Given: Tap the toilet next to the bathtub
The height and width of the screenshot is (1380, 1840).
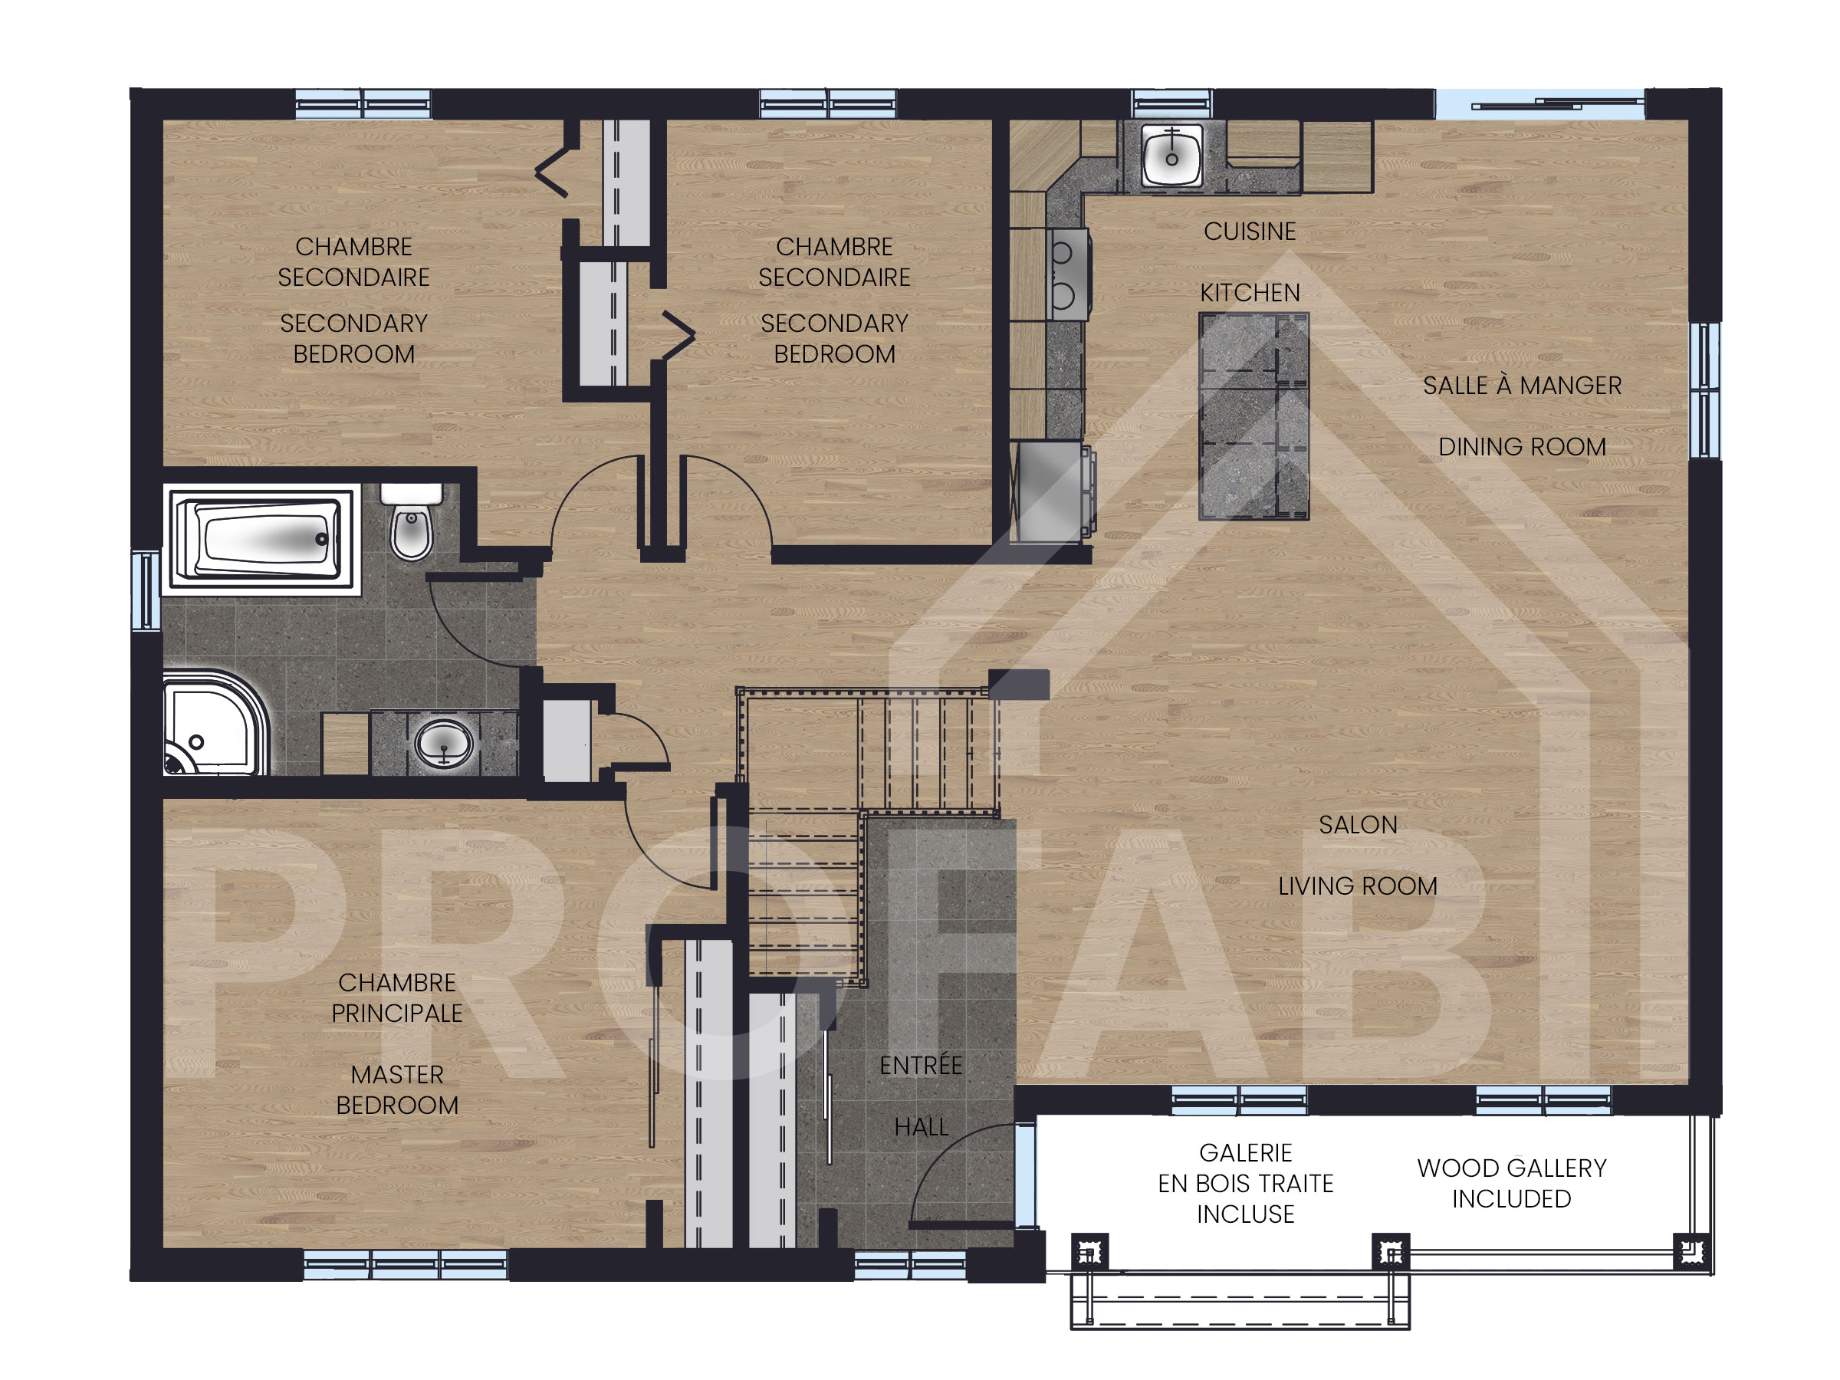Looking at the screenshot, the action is click(x=411, y=522).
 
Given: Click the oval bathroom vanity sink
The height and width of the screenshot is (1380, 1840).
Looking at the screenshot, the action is click(x=444, y=742).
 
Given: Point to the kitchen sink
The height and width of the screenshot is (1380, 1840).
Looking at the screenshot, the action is click(x=1172, y=155).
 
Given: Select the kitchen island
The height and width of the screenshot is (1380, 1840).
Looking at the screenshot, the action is click(x=1253, y=416).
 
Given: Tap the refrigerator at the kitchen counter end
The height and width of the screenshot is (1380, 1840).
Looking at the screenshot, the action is click(x=1050, y=491).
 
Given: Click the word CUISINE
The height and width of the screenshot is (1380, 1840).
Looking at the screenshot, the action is click(x=1250, y=232).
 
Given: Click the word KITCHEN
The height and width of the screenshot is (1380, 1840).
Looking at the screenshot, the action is click(x=1250, y=293).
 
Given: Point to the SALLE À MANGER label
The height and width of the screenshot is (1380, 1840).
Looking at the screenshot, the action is click(x=1523, y=385).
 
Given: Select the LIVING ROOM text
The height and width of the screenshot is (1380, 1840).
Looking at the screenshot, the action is click(x=1358, y=886).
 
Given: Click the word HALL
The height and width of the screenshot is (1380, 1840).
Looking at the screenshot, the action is click(x=921, y=1126).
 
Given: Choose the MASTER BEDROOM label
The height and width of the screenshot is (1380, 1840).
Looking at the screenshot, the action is click(x=397, y=1089).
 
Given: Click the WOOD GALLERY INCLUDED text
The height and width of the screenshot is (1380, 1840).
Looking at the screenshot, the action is click(x=1511, y=1183).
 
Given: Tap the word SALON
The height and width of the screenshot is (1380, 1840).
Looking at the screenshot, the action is click(x=1358, y=824).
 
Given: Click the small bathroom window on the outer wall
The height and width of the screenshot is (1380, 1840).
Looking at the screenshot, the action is click(x=146, y=590).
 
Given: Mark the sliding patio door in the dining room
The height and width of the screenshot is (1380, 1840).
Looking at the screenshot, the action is click(x=1539, y=104).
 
